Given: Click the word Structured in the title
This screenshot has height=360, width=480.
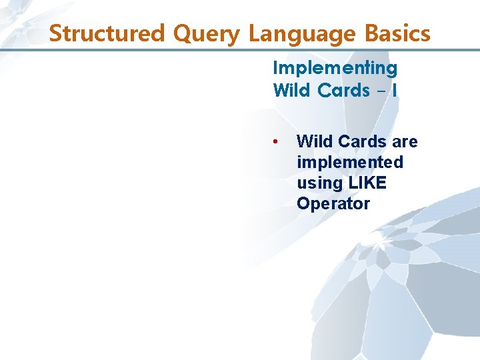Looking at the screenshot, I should coord(102,33).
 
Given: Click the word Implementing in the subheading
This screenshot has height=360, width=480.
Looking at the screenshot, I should coord(335,69).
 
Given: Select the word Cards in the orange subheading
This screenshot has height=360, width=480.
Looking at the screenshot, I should coord(344,90).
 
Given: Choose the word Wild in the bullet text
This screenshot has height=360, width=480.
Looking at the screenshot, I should coord(315,141).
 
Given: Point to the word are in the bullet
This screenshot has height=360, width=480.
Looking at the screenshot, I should coord(405,142).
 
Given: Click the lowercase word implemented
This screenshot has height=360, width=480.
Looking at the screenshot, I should coord(350,163).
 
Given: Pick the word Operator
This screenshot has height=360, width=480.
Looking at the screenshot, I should coord(333,204).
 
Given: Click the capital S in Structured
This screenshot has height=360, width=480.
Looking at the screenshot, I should coord(55,33).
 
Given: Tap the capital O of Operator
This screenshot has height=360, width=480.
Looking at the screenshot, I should coord(303,204).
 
